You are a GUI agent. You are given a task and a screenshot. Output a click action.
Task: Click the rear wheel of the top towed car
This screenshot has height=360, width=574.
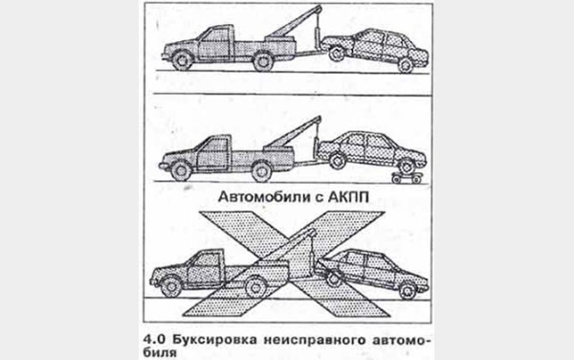tap(408, 63)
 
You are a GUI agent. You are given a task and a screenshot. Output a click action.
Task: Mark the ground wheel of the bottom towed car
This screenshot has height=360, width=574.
tap(408, 286)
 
